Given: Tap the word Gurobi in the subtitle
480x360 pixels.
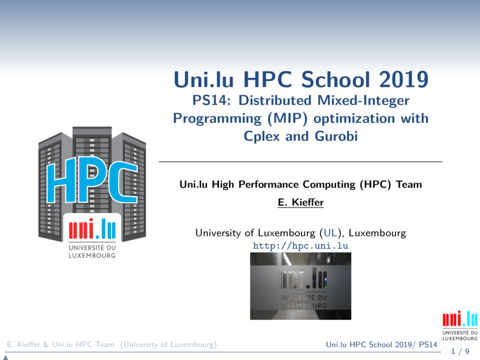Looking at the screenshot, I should coord(335,136).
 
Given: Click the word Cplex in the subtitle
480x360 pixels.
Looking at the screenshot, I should coord(263,136).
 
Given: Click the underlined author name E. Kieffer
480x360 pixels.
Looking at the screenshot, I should coord(301,203).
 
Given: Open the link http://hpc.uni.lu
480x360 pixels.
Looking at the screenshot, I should coord(301,246).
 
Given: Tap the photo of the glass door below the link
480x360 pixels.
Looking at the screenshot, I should coord(301,286).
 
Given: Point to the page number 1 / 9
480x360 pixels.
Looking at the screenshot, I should coord(460,351).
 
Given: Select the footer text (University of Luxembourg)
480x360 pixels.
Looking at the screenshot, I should coord(168,344).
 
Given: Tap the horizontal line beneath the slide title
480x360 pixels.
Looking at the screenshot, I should coord(301,162).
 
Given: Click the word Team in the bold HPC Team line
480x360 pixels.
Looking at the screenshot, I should coord(409,185).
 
